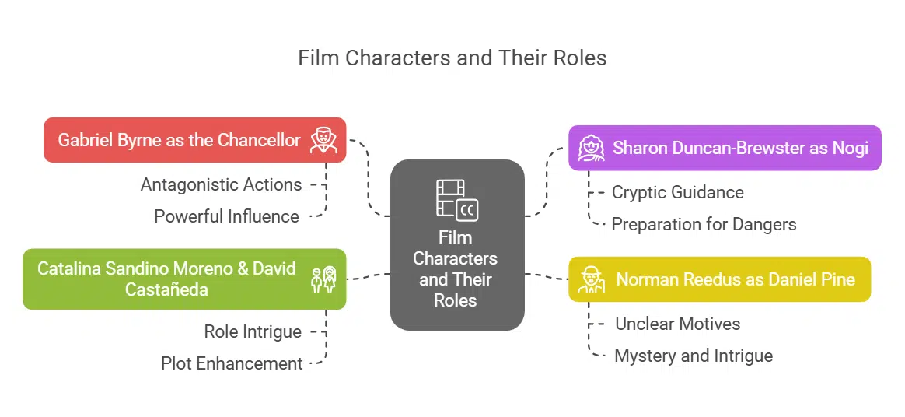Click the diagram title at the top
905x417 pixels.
pyautogui.click(x=452, y=58)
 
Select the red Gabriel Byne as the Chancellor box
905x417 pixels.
pyautogui.click(x=194, y=140)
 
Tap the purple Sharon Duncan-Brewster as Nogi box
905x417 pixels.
pyautogui.click(x=725, y=148)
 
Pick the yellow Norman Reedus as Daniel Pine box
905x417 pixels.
pyautogui.click(x=719, y=279)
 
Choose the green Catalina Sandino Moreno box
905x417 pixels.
pyautogui.click(x=183, y=279)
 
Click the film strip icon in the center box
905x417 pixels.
pyautogui.click(x=456, y=198)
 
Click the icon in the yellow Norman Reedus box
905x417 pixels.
pyautogui.click(x=592, y=279)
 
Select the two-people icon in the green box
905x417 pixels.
pyautogui.click(x=323, y=279)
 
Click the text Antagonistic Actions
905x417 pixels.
pyautogui.click(x=221, y=184)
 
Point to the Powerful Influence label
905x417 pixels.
pyautogui.click(x=226, y=216)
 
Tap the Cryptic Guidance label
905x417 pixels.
pyautogui.click(x=677, y=192)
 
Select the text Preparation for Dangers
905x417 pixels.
pyautogui.click(x=704, y=224)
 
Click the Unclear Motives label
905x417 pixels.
pyautogui.click(x=677, y=324)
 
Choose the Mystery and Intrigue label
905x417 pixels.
pyautogui.click(x=694, y=356)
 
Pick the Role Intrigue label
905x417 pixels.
pyautogui.click(x=253, y=331)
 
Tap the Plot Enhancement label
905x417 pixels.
pyautogui.click(x=232, y=363)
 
